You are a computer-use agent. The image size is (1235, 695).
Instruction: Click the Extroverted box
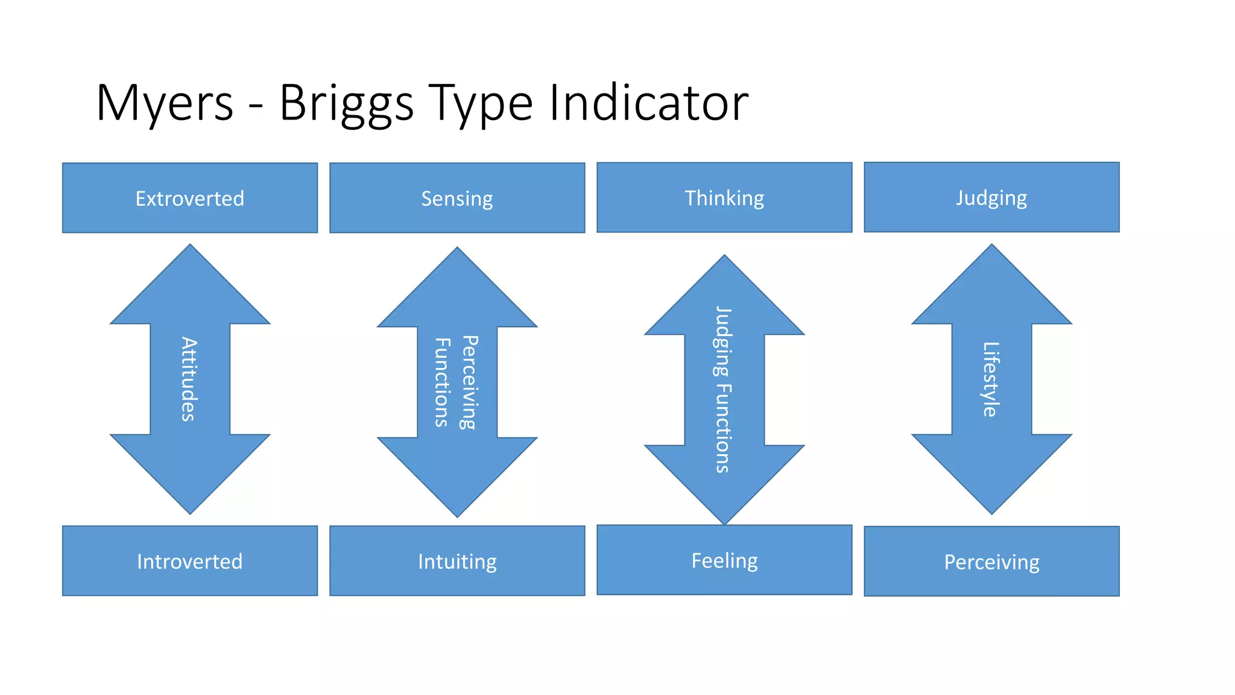pos(190,198)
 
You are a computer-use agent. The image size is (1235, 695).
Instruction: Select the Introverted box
pos(190,561)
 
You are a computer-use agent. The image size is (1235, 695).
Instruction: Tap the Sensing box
pos(457,198)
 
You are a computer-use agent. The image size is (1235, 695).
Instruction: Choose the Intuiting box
pos(457,561)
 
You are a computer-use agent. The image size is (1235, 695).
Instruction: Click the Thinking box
pos(724,197)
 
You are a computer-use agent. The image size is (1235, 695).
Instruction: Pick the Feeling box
pos(724,560)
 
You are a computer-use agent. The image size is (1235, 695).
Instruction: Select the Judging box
pos(991,197)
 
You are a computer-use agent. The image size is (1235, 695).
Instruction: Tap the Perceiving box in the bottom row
pos(991,562)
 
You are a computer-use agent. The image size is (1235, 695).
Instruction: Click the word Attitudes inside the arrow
pos(189,379)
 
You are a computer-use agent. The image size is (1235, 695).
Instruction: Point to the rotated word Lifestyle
pos(991,379)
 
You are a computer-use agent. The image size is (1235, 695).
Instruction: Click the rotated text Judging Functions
pos(723,389)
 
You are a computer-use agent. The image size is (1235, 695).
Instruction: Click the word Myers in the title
pos(165,103)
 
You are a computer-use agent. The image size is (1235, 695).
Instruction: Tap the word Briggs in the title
pos(346,103)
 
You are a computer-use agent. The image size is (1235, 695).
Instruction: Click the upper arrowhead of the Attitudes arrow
pos(190,290)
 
